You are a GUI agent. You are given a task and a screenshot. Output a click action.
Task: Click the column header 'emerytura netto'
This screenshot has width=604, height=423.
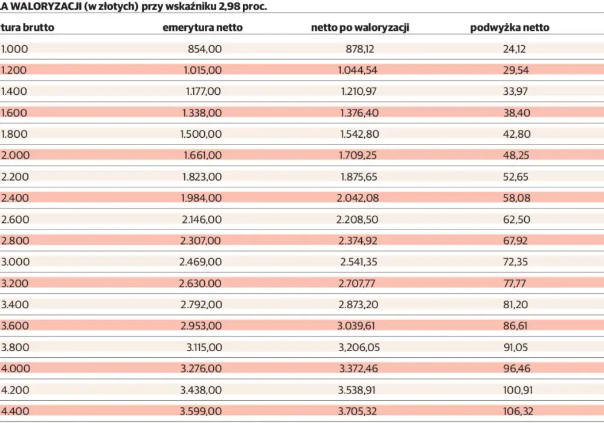[x=202, y=28]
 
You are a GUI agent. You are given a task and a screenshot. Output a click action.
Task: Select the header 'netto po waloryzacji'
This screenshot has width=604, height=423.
[x=360, y=28]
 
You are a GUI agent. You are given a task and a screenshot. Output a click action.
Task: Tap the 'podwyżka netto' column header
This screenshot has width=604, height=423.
[x=510, y=28]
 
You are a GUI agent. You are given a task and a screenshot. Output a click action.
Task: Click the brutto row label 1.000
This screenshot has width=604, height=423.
[x=14, y=49]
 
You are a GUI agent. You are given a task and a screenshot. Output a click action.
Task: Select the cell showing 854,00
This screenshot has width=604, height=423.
[x=205, y=49]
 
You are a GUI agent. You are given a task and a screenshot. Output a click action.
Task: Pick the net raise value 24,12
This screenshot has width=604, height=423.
[x=514, y=49]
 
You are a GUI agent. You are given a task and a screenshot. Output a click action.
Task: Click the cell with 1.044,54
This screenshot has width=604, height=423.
[x=358, y=70]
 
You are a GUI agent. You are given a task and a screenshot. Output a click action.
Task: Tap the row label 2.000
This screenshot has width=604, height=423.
[x=16, y=155]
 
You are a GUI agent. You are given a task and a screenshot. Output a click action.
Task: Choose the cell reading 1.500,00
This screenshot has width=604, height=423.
[x=201, y=134]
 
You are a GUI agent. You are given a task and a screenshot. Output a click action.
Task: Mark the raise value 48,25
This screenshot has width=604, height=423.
[x=516, y=155]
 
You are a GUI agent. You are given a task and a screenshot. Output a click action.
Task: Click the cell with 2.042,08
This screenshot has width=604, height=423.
[x=358, y=198]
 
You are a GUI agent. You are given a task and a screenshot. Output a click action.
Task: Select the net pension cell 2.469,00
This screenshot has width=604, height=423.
[x=201, y=262]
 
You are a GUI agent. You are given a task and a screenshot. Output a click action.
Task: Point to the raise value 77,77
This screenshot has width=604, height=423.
[x=514, y=283]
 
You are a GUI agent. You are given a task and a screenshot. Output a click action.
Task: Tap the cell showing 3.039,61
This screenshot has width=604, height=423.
[x=356, y=326]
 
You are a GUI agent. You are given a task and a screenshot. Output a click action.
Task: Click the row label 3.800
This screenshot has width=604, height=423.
[x=15, y=347]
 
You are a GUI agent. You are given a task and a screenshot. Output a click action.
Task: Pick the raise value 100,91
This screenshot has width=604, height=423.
[x=518, y=390]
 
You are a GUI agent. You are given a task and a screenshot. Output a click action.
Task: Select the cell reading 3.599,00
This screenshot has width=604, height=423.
[x=201, y=411]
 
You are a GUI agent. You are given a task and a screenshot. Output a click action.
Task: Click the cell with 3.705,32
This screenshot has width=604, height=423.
[x=357, y=411]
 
